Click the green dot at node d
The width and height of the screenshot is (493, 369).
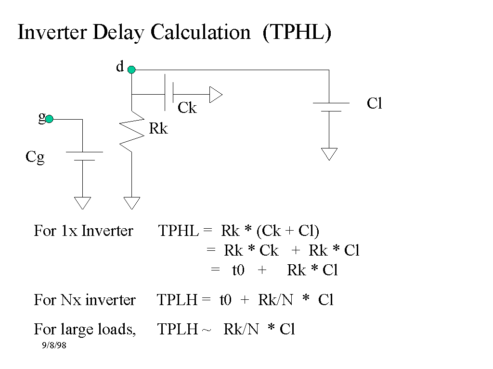pyautogui.click(x=131, y=70)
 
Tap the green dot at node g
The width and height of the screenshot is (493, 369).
pyautogui.click(x=49, y=119)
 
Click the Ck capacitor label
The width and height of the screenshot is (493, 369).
pyautogui.click(x=187, y=108)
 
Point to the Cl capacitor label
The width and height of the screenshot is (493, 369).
pyautogui.click(x=374, y=103)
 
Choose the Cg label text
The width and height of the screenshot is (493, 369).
pyautogui.click(x=35, y=157)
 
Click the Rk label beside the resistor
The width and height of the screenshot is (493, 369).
pyautogui.click(x=158, y=129)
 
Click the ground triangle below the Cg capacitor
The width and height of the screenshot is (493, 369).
pyautogui.click(x=83, y=203)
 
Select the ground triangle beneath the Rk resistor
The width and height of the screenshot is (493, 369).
pyautogui.click(x=131, y=203)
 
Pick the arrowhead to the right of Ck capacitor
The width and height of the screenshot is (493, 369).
pyautogui.click(x=216, y=95)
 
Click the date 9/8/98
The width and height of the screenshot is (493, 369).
pyautogui.click(x=53, y=345)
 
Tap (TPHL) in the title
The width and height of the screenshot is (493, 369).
pyautogui.click(x=297, y=33)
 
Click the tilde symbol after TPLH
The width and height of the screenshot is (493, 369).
pyautogui.click(x=208, y=330)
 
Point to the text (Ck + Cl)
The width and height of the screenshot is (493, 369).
pyautogui.click(x=287, y=231)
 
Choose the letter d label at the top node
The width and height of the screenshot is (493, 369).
pyautogui.click(x=119, y=67)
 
